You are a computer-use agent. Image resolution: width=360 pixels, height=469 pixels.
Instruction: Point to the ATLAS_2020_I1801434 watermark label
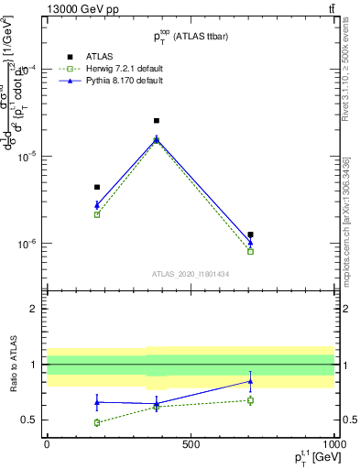coord(190,274)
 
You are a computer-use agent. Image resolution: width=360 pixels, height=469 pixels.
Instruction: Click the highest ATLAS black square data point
coord(157,121)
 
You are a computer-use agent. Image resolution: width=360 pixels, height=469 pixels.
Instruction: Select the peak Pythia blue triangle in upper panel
coord(157,139)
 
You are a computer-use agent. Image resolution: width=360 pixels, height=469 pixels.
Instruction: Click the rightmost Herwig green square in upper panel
coord(250,251)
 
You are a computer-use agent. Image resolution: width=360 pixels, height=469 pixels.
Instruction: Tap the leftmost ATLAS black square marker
coord(97,187)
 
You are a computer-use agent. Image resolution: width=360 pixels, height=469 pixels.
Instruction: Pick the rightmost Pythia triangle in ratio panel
coord(250,381)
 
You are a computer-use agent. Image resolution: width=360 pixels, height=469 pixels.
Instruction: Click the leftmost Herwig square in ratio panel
coord(97,422)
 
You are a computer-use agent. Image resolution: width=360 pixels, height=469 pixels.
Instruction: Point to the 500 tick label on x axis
coord(191,444)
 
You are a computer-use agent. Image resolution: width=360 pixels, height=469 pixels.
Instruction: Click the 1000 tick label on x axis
coord(333,444)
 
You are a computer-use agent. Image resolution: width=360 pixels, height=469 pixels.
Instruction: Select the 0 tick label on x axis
coord(47,444)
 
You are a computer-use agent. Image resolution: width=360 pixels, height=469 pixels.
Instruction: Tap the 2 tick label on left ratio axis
coord(34,309)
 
